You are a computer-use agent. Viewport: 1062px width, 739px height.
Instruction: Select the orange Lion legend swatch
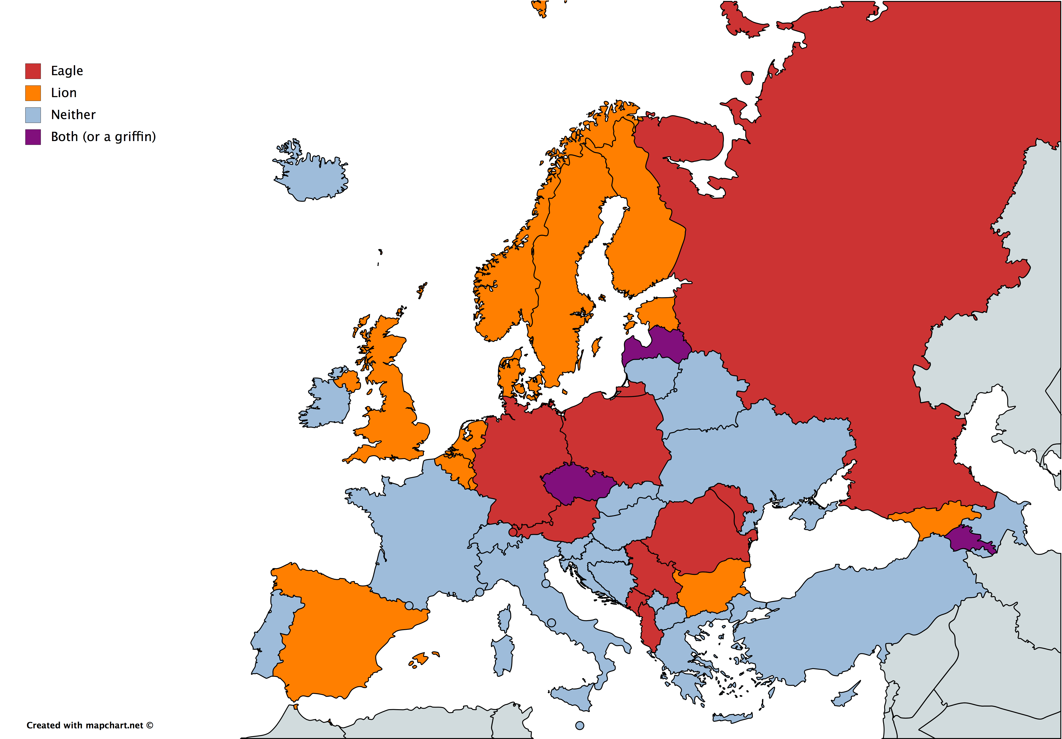click(x=33, y=93)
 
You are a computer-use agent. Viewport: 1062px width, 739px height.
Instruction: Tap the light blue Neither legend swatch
click(x=33, y=115)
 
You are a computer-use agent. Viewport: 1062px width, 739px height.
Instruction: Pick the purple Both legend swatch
click(x=33, y=137)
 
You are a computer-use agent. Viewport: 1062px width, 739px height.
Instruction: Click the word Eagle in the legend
click(x=67, y=71)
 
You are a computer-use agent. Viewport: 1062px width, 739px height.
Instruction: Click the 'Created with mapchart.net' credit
click(x=89, y=725)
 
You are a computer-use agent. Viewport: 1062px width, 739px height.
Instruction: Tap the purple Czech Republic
click(x=576, y=483)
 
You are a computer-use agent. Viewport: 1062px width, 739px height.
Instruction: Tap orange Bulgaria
click(x=708, y=587)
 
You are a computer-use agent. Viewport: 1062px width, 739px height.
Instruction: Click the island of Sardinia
click(x=503, y=654)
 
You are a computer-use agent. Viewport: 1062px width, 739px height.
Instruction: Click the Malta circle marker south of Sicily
click(x=580, y=726)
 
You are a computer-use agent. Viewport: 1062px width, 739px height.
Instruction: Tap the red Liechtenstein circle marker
click(x=512, y=532)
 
